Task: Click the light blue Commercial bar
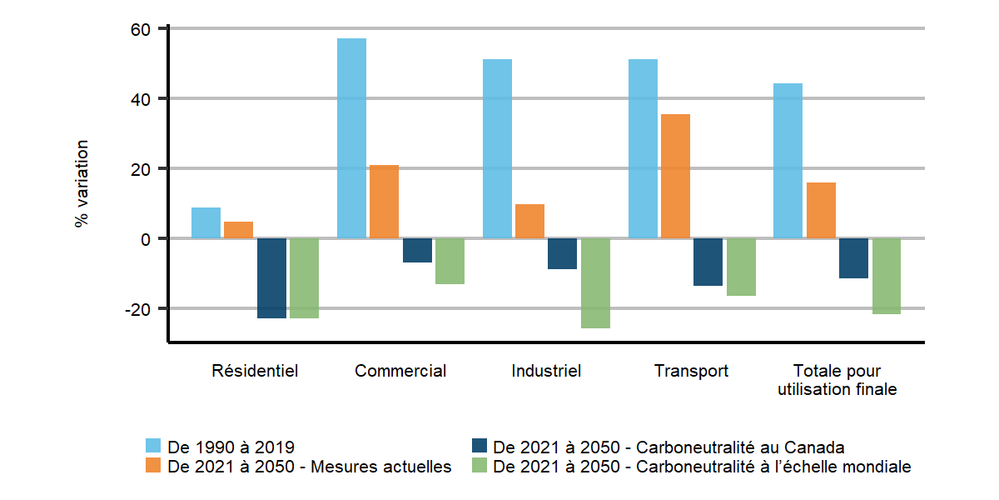[x=351, y=138]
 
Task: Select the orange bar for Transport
[x=676, y=176]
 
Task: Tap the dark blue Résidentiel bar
[x=271, y=278]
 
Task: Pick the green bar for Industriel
[x=595, y=283]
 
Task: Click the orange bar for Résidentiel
[x=238, y=230]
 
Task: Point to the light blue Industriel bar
[x=498, y=149]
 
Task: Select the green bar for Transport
[x=741, y=267]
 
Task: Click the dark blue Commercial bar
[x=417, y=250]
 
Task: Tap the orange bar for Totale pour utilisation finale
[x=821, y=210]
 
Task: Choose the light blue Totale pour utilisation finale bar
[x=788, y=161]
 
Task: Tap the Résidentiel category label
[x=255, y=371]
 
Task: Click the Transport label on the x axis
[x=691, y=371]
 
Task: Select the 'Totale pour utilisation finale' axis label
[x=837, y=380]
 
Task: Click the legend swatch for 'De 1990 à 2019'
[x=153, y=445]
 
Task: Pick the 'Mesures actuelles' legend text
[x=310, y=467]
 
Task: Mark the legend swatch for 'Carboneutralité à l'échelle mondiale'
[x=479, y=467]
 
